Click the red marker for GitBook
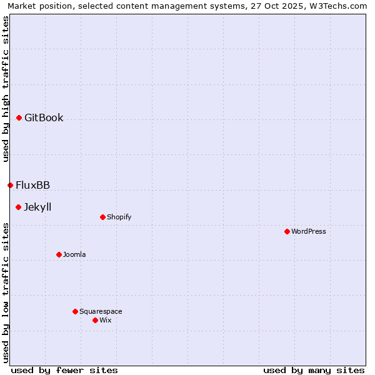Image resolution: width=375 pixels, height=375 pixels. [x=19, y=117]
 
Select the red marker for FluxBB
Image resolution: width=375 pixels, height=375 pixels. [x=10, y=185]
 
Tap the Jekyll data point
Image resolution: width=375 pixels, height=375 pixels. [x=19, y=207]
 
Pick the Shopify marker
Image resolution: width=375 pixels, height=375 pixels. [x=102, y=217]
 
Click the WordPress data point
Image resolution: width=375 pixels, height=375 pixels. [x=287, y=231]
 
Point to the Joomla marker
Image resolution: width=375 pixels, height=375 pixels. [x=59, y=254]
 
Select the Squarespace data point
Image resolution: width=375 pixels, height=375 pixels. [x=75, y=311]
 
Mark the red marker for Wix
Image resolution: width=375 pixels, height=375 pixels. [x=95, y=320]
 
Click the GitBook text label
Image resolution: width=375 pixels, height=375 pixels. [x=44, y=117]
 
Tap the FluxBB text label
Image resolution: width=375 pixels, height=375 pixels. [x=33, y=185]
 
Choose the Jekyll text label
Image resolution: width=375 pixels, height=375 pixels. [x=37, y=207]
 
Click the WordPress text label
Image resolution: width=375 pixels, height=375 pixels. [x=309, y=231]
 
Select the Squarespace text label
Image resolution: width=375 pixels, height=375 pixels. [x=101, y=311]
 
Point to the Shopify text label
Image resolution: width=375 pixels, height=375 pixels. [x=119, y=217]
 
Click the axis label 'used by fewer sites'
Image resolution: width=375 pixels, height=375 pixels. [x=64, y=370]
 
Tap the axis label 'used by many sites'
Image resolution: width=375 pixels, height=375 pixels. [x=314, y=370]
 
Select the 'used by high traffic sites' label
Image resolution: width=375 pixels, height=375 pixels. [x=6, y=89]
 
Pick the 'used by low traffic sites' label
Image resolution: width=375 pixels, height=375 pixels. [x=6, y=292]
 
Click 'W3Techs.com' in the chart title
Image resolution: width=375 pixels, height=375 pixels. [x=340, y=6]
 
